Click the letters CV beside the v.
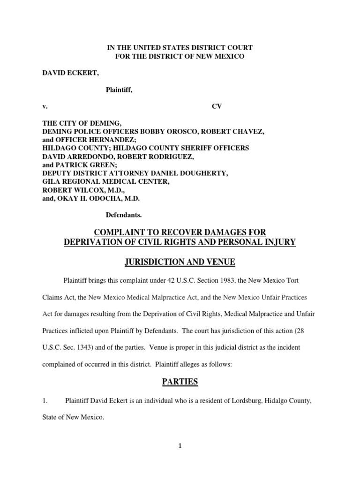coord(217,106)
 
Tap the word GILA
coord(51,181)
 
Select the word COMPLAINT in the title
coord(118,233)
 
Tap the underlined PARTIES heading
coord(180,382)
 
